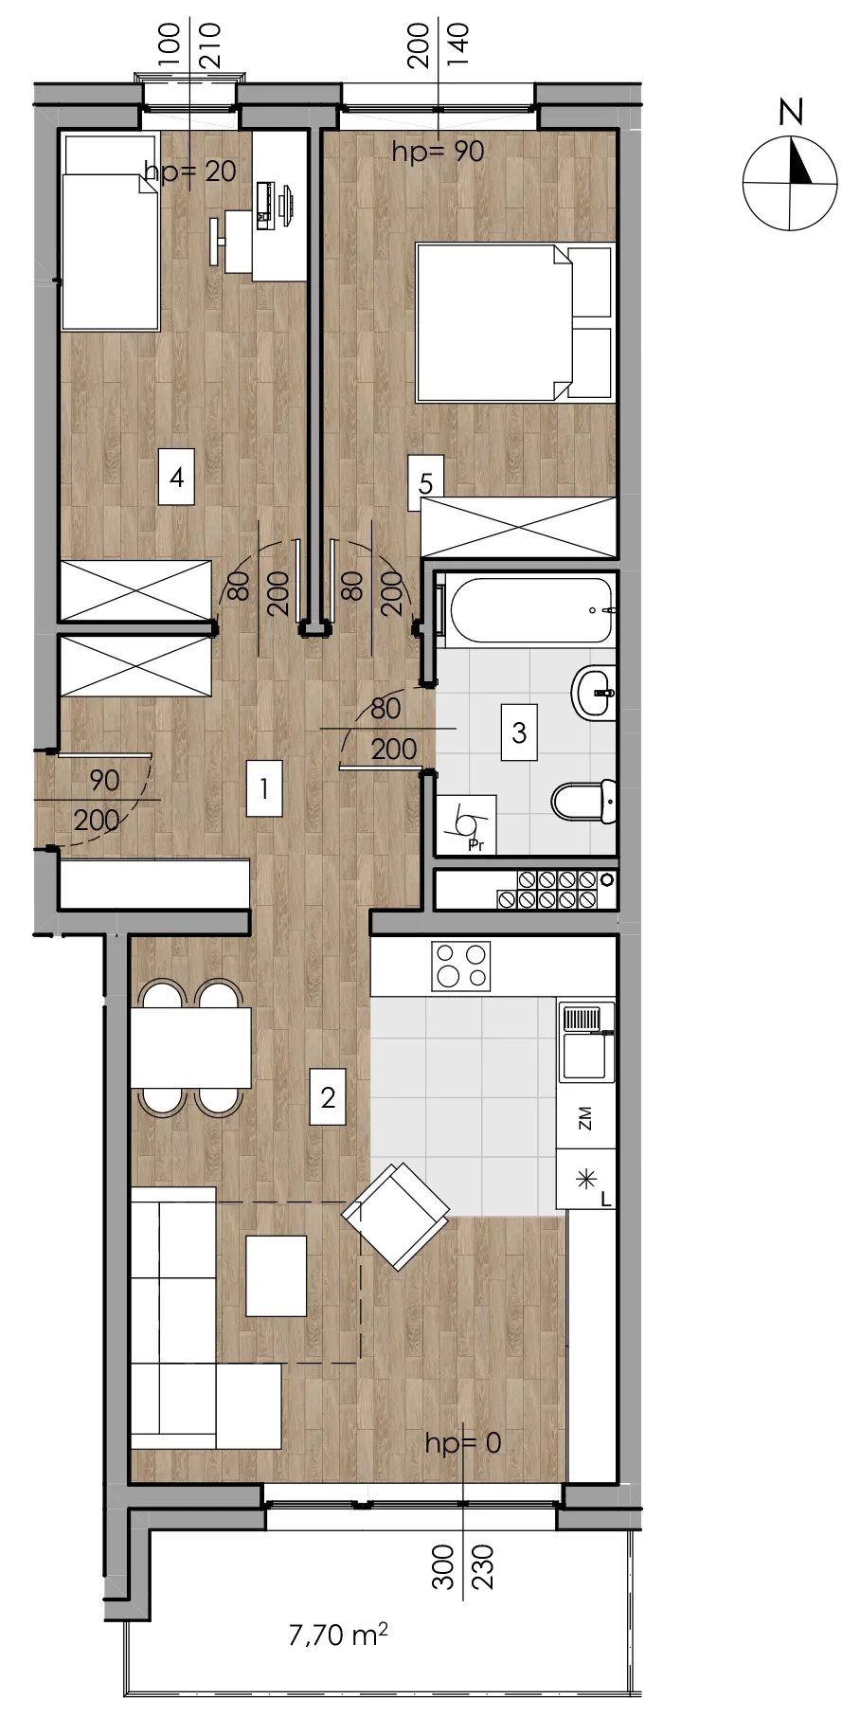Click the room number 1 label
264,787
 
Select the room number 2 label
328,1097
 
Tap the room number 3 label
519,732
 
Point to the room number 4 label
177,477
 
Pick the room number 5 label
425,483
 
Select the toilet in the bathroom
584,801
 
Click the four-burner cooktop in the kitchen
461,966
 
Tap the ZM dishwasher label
584,1118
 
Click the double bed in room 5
516,321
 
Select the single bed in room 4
110,231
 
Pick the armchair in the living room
396,1216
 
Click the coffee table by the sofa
277,1275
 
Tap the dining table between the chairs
190,1047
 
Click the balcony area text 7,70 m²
338,1634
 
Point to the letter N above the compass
791,112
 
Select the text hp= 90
439,151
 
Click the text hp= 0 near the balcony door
463,1443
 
